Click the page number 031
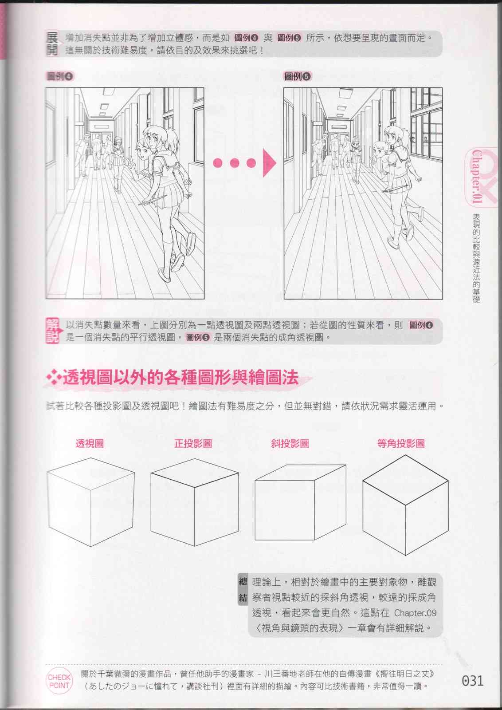pos(473,681)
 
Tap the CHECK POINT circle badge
pos(59,681)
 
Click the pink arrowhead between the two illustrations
pos(270,163)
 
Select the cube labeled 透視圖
pos(91,502)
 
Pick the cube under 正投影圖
pos(195,502)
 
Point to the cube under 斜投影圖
pos(300,502)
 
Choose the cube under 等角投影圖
pos(405,505)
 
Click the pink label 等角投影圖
pos(400,443)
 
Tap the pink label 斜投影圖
pos(290,443)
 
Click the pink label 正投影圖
pos(193,443)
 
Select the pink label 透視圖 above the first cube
pos(90,443)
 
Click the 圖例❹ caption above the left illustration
pos(60,76)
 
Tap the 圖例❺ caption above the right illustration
pos(298,76)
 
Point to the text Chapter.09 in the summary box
pos(415,613)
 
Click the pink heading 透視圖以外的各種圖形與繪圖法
pos(180,378)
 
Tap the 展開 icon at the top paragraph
pos(52,43)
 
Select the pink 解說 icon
pos(52,331)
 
